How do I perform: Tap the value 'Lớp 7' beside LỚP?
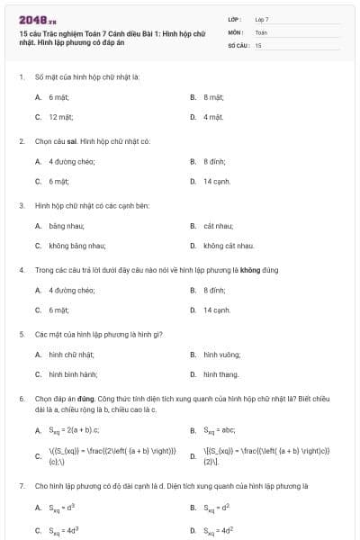262,19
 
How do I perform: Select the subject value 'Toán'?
261,31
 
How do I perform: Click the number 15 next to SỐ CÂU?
258,44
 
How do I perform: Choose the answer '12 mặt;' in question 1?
60,117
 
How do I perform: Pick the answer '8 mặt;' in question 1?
215,96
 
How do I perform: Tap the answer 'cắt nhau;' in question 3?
219,226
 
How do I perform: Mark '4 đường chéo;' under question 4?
72,290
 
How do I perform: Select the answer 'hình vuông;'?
220,355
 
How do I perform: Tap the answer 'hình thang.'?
220,374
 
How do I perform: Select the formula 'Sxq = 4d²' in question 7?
220,529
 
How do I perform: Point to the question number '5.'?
22,334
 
